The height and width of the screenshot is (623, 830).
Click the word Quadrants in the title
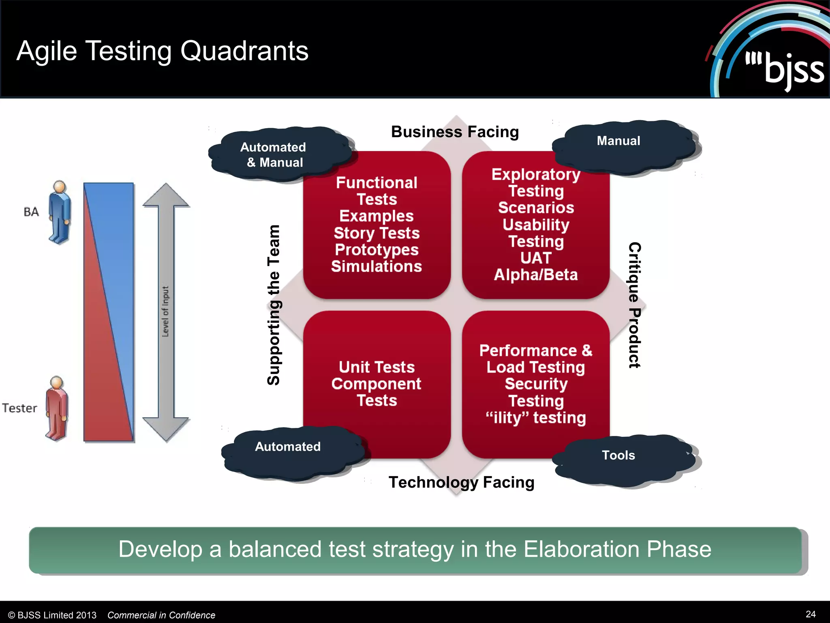244,51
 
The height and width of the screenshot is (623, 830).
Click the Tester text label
19,408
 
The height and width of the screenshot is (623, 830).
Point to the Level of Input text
165,311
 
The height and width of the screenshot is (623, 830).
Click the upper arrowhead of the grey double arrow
166,195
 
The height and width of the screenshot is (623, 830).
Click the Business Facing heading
455,132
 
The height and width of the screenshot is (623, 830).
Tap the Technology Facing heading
461,482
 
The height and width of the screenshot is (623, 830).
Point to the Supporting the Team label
274,305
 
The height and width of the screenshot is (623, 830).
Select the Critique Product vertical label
635,305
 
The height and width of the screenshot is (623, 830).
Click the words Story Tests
376,233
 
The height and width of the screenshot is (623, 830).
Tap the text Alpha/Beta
536,275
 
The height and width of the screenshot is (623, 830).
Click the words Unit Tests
376,367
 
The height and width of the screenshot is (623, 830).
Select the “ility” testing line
536,418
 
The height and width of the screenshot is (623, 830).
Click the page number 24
811,614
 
